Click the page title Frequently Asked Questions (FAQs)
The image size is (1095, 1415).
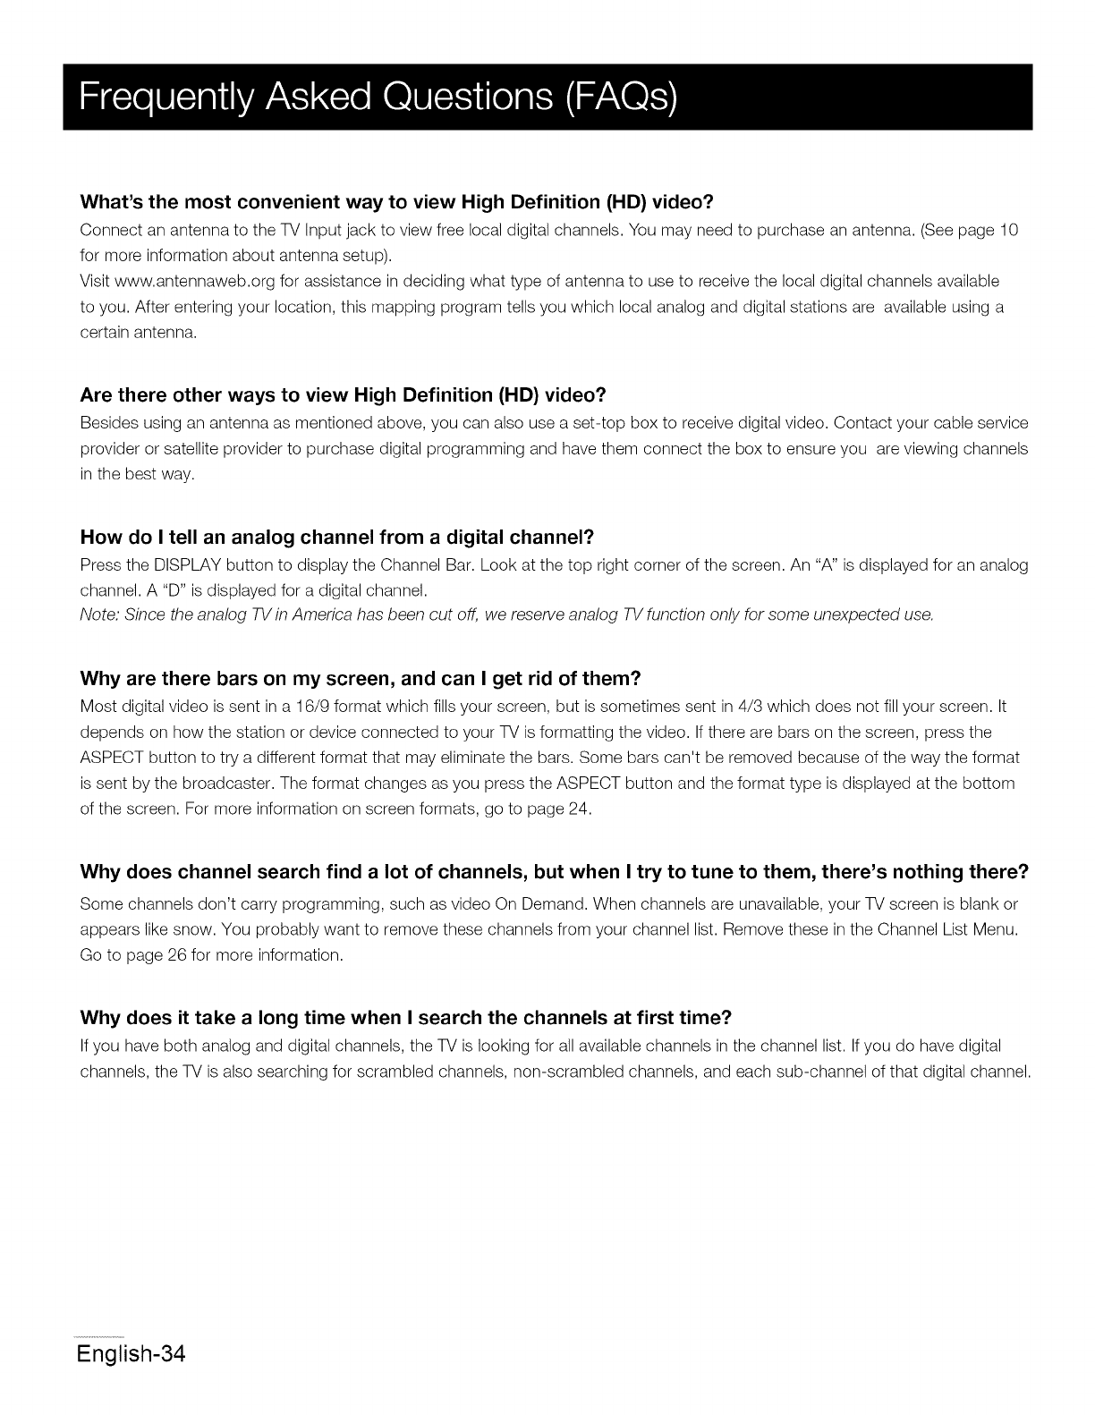point(378,97)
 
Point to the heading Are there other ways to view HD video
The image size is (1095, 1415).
point(344,395)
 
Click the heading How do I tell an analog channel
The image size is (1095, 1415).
point(337,538)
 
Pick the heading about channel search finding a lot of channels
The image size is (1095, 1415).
point(554,872)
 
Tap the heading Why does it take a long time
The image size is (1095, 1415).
point(406,1018)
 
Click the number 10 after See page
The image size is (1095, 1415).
point(1009,230)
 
